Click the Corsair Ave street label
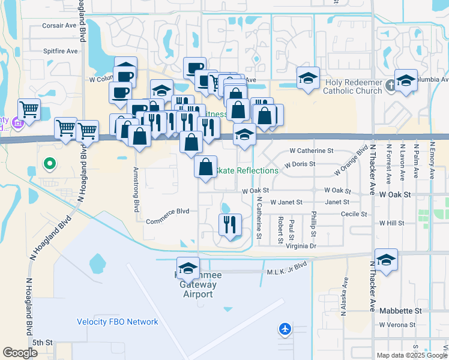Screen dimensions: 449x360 (59, 26)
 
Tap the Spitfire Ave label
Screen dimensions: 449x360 (60, 51)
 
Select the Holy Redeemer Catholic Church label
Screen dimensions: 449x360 (352, 86)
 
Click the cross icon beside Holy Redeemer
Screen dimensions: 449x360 (391, 85)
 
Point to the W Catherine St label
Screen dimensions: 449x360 (311, 151)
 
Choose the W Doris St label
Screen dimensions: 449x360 (300, 164)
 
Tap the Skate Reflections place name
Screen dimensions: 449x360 (247, 170)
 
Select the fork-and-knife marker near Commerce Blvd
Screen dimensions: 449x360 (230, 224)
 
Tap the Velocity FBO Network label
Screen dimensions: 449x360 (118, 322)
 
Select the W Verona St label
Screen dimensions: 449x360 (397, 325)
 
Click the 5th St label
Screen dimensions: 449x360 (43, 343)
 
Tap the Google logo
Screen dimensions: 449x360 (20, 353)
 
